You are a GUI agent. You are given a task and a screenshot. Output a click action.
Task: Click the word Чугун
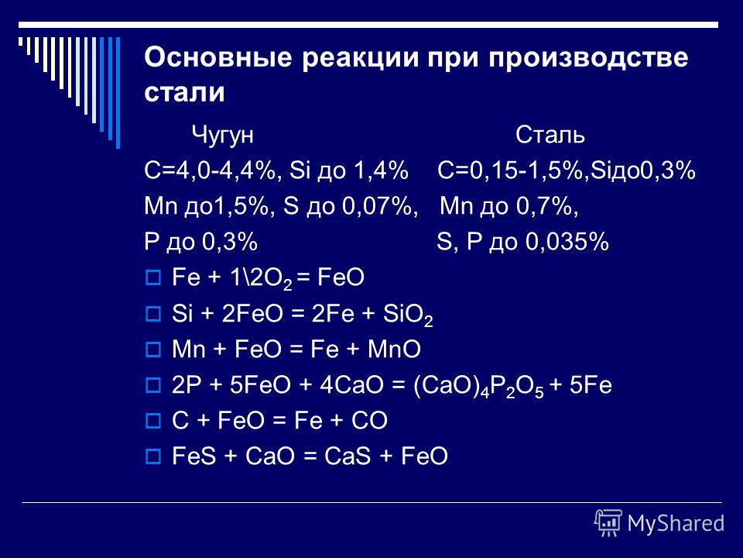coord(222,135)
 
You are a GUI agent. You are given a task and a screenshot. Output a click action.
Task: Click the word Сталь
coord(550,134)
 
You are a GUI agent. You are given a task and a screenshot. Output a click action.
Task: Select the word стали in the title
coord(184,92)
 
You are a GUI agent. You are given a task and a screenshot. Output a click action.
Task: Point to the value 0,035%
coord(567,242)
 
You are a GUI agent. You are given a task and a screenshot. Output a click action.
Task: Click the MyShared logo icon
coord(608,523)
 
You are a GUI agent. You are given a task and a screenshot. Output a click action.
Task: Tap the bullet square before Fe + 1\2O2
coord(153,277)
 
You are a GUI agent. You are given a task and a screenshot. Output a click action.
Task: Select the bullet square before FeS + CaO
coord(153,456)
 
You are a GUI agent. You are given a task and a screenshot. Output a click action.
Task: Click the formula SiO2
coord(408,315)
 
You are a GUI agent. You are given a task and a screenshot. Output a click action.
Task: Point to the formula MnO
coord(394,350)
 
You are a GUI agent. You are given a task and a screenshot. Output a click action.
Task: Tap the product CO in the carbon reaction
coord(370,420)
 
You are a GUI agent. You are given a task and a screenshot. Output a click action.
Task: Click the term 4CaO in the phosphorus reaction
coord(351,385)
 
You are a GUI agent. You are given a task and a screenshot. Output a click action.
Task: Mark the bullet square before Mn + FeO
coord(153,350)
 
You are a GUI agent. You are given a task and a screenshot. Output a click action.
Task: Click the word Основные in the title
coord(217,58)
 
